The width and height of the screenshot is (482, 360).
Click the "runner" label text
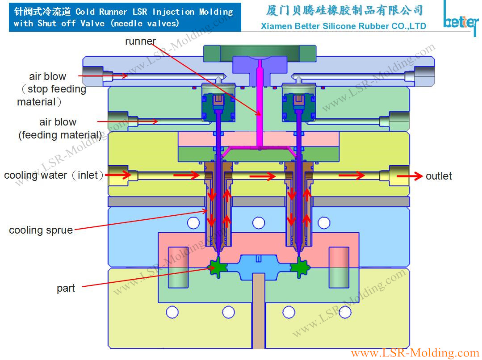[x=140, y=42]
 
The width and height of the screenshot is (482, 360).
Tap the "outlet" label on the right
[x=438, y=176]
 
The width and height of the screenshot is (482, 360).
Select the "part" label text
[x=66, y=289]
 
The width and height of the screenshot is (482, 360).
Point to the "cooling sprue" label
[x=41, y=230]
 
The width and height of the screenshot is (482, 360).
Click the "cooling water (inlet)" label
[x=54, y=176]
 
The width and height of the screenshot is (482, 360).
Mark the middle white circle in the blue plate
[x=258, y=222]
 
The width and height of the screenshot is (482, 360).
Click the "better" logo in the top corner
[x=460, y=20]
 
